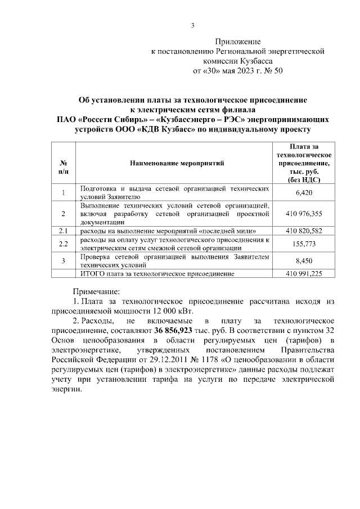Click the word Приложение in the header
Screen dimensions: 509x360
(x=239, y=42)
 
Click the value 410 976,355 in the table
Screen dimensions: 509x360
(x=304, y=214)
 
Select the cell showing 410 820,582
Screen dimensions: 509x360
(x=304, y=231)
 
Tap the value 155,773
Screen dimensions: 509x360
(x=304, y=244)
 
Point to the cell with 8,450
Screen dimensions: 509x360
(x=304, y=260)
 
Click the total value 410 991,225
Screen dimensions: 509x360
(x=304, y=273)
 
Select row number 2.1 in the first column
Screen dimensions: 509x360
(x=63, y=231)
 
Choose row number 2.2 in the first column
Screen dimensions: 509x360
(x=63, y=244)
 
